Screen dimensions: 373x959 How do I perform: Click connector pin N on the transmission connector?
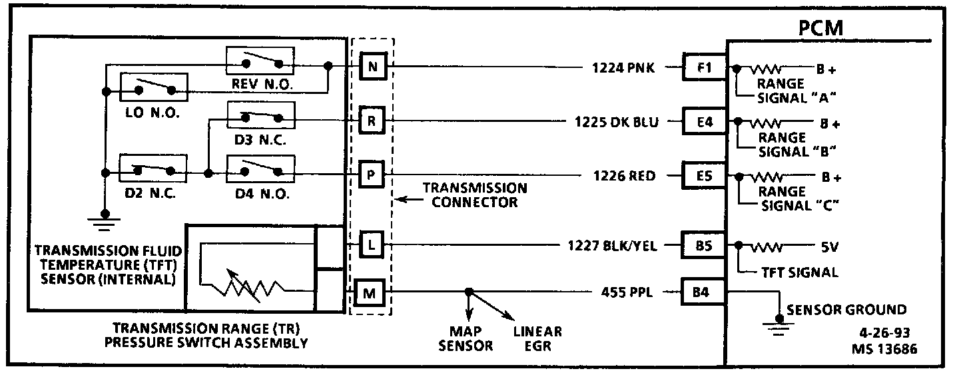click(x=372, y=66)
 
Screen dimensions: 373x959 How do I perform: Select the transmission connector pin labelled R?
click(x=372, y=121)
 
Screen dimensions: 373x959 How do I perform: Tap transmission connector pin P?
click(x=372, y=175)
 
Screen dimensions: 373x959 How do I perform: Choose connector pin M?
click(x=372, y=292)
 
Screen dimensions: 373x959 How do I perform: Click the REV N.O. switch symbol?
click(x=260, y=63)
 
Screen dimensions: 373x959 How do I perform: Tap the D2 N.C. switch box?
click(x=153, y=169)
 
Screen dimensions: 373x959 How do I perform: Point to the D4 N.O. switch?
click(x=260, y=169)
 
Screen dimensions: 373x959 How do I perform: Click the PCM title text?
click(x=820, y=29)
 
